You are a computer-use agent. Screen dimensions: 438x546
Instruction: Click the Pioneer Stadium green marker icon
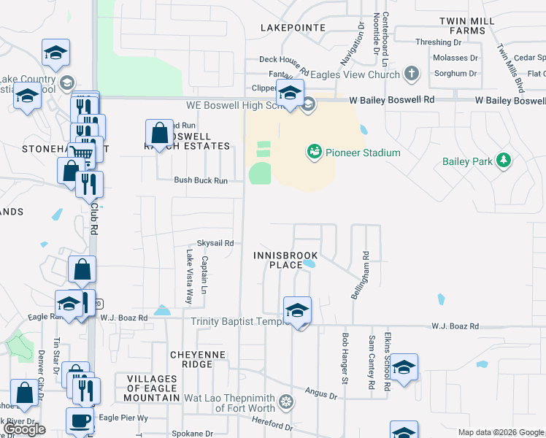(314, 153)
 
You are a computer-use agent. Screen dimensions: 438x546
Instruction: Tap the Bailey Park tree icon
(503, 160)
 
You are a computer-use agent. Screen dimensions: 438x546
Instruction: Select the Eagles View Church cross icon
(412, 74)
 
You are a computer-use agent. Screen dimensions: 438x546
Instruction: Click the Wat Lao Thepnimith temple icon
(287, 401)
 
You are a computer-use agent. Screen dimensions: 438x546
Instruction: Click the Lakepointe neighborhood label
(293, 27)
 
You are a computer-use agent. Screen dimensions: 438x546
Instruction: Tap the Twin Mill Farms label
(473, 26)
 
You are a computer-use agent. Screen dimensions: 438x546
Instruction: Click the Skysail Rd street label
(215, 243)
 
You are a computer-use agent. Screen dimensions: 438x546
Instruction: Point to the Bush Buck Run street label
(201, 180)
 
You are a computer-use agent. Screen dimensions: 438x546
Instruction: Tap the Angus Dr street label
(321, 395)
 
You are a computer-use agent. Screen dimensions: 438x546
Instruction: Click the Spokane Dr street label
(193, 433)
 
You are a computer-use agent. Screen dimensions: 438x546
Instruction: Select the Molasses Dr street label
(454, 58)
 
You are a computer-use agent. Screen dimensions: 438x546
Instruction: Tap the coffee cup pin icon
(80, 420)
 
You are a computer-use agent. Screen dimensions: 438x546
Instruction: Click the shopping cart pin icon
(82, 151)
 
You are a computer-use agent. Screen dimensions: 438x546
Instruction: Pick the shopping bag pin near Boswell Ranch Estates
(159, 133)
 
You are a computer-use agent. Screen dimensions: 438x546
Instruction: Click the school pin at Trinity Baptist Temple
(297, 310)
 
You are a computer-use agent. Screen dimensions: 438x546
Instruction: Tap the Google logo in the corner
(25, 429)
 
